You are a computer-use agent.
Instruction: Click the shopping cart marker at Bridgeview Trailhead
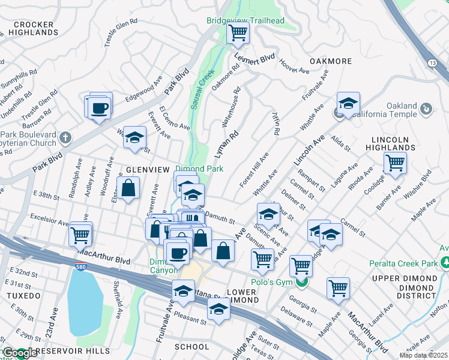coord(238,32)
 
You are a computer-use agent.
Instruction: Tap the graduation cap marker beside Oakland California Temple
coord(348,103)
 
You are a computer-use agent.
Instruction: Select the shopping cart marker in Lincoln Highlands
coord(395,163)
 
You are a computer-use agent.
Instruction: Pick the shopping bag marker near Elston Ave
coord(128,188)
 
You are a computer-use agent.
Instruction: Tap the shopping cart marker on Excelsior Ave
coord(80,233)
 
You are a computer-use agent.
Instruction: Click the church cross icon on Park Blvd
coord(65,138)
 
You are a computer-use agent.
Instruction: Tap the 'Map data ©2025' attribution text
coord(423,355)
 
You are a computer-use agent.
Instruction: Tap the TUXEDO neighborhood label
coord(23,296)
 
